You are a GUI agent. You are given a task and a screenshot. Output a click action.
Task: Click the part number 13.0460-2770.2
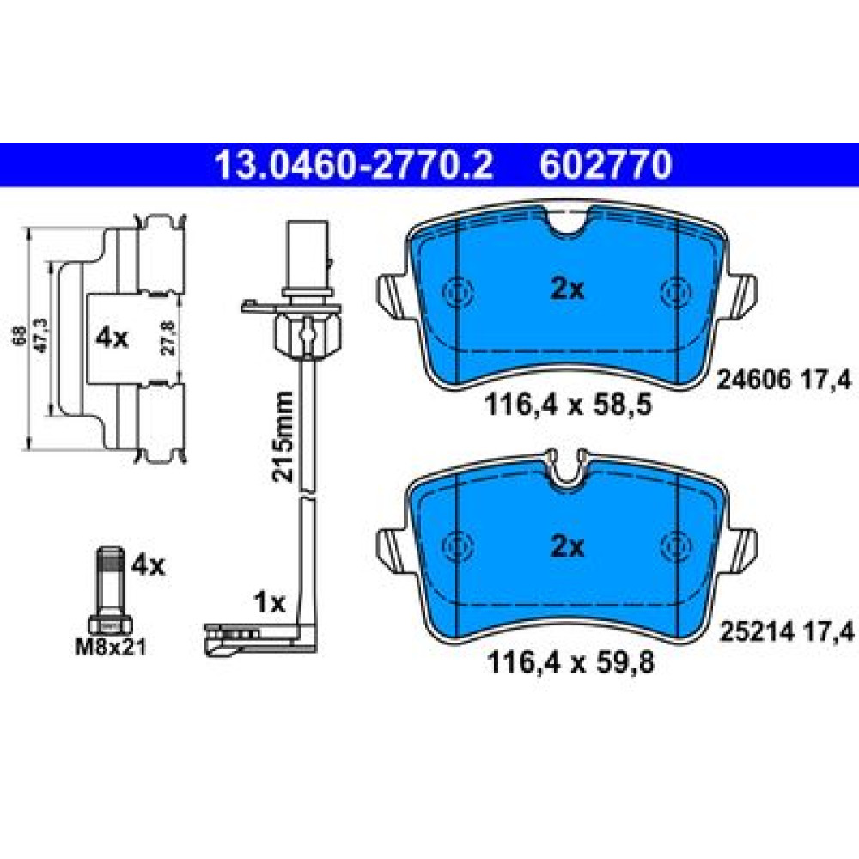(x=354, y=165)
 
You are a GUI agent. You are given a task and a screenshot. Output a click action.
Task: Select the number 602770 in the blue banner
(x=606, y=165)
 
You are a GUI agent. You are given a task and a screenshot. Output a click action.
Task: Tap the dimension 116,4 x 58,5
(x=568, y=406)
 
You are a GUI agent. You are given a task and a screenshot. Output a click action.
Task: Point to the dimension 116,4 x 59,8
(x=570, y=663)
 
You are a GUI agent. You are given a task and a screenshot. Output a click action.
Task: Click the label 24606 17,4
(x=784, y=379)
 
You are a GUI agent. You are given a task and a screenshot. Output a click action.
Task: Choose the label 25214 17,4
(x=787, y=632)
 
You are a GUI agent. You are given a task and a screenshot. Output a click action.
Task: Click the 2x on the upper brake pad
(x=568, y=289)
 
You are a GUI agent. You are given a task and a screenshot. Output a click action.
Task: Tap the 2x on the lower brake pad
(x=568, y=546)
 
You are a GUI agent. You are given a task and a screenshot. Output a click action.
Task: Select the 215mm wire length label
(x=283, y=436)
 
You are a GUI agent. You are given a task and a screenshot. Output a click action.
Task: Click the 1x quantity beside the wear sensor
(x=270, y=603)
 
